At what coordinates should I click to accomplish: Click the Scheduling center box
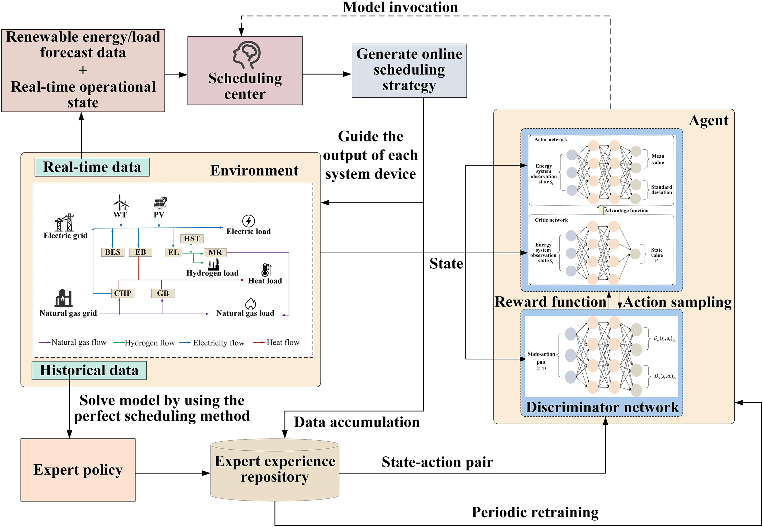click(245, 71)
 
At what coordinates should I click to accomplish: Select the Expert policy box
click(78, 469)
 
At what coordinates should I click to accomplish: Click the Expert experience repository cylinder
click(275, 469)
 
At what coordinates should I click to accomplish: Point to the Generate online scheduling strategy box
click(409, 70)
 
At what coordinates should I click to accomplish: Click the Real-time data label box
click(92, 167)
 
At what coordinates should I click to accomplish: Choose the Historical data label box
click(89, 370)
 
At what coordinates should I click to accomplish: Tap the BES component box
click(113, 252)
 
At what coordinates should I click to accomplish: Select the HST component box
click(192, 238)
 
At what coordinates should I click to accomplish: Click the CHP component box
click(123, 293)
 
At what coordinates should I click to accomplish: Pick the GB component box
click(163, 293)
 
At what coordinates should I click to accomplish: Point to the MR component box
click(215, 253)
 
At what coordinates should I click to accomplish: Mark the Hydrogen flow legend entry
click(144, 343)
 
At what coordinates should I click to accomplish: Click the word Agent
click(708, 121)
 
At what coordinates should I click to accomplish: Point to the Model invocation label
click(400, 7)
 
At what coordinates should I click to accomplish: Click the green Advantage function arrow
click(601, 210)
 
